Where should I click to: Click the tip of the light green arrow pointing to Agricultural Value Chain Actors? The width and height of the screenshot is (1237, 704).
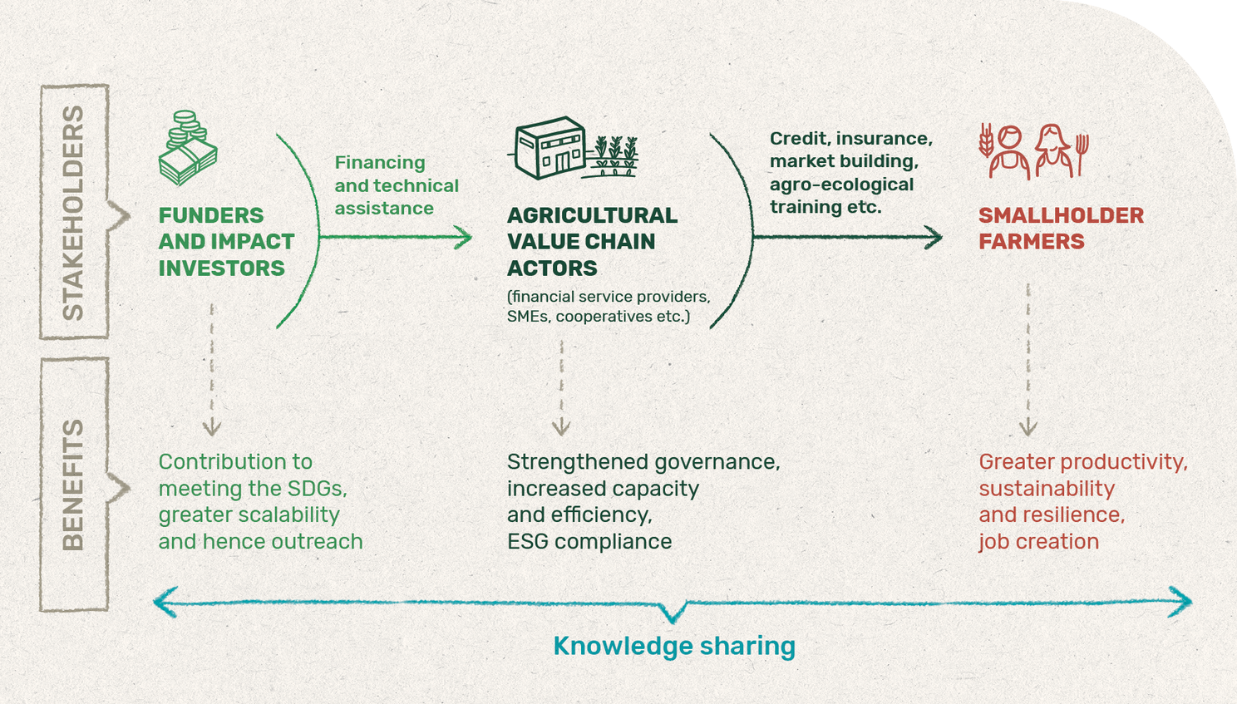[x=472, y=238]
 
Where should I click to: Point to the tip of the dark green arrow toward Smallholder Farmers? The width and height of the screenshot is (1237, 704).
[x=942, y=238]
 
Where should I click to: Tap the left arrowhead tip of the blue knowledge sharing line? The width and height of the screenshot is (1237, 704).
[x=154, y=602]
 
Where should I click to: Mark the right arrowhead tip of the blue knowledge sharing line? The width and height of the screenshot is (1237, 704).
[x=1192, y=602]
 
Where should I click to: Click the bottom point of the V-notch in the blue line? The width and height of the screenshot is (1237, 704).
[x=673, y=623]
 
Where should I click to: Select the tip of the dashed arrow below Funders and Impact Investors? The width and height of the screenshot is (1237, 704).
[x=211, y=435]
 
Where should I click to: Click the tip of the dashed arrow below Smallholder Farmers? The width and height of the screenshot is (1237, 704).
[x=1028, y=435]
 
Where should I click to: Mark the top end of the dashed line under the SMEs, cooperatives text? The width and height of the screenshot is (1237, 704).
[x=562, y=340]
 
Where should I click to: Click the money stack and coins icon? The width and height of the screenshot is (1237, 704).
[x=188, y=147]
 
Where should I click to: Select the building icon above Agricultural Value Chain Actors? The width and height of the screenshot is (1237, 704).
[x=550, y=147]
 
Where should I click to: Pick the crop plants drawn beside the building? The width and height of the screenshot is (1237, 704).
[x=614, y=156]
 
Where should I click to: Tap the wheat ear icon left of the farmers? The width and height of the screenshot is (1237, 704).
[x=986, y=140]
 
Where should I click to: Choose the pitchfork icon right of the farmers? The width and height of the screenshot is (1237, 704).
[x=1082, y=155]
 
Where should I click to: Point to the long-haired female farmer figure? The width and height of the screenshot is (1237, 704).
[x=1054, y=150]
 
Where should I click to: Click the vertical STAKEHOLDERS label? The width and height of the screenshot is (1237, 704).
[x=73, y=213]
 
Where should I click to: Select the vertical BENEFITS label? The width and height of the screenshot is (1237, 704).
[x=73, y=485]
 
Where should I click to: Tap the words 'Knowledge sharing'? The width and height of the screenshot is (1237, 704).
[x=674, y=647]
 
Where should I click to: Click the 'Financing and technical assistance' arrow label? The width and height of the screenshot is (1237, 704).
[x=397, y=185]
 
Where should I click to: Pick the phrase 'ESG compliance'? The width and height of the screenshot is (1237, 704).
[x=589, y=542]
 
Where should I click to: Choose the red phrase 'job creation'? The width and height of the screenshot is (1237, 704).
[x=1039, y=542]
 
